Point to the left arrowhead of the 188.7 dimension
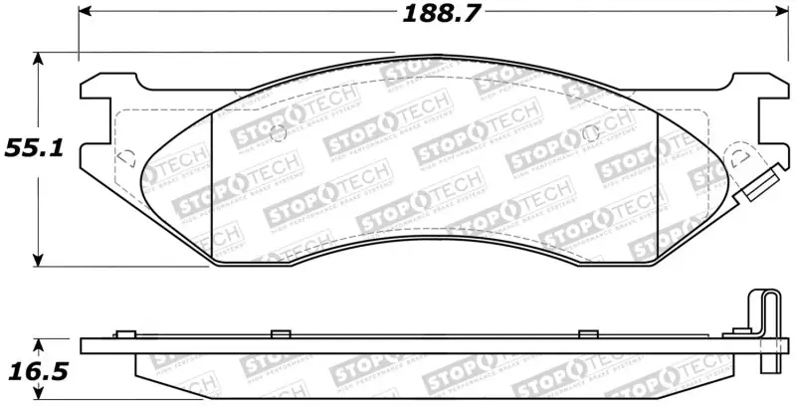84,13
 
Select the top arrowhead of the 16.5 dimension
38,344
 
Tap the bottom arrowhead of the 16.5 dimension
38,398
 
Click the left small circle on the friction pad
278,133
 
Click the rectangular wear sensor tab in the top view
758,188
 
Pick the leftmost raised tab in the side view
124,333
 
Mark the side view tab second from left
280,333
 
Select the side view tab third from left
588,333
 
